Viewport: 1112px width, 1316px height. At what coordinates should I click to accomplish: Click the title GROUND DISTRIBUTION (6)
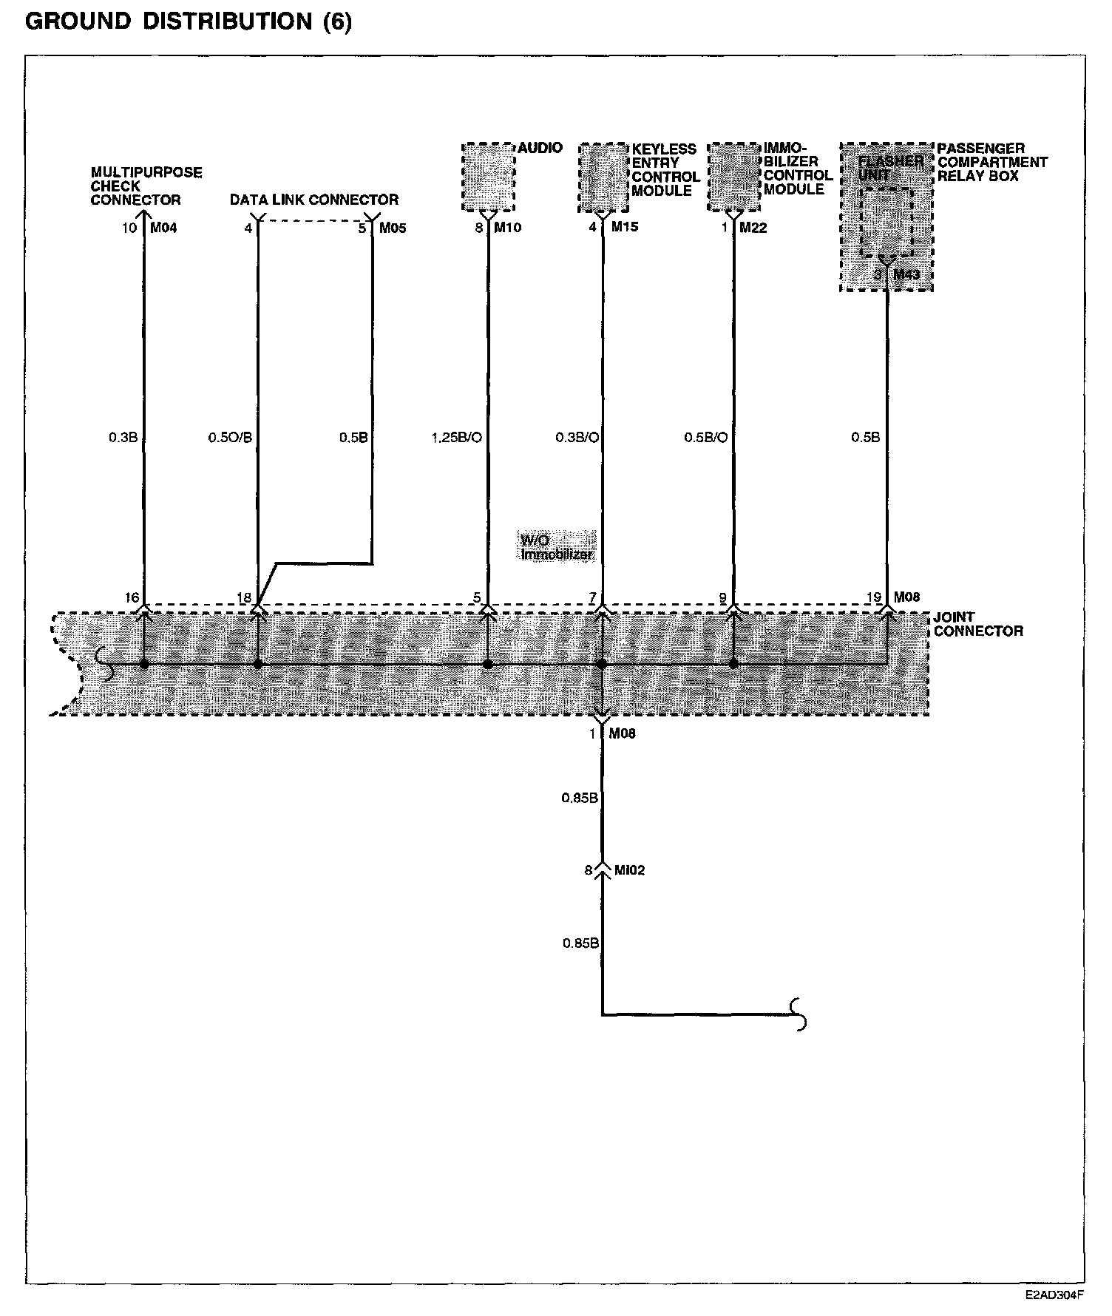pos(189,21)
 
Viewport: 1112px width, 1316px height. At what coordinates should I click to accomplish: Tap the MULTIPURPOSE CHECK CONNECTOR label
pos(146,186)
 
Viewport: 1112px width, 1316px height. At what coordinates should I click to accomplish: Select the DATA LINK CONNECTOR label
pos(313,200)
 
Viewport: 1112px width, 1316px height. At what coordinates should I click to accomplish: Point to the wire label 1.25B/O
pos(456,438)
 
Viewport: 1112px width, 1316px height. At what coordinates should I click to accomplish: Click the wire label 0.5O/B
pos(230,438)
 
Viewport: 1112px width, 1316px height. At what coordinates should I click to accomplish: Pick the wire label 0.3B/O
pos(577,438)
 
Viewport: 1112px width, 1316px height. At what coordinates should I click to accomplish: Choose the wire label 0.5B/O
pos(705,438)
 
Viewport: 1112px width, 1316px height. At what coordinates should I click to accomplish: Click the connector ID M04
pos(163,228)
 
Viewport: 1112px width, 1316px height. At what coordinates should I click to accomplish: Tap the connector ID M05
pos(393,228)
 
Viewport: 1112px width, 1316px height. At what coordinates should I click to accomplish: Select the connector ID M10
pos(507,228)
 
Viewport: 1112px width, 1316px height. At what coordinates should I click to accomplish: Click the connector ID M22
pos(753,228)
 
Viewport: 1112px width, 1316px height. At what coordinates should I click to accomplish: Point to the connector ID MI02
pos(628,870)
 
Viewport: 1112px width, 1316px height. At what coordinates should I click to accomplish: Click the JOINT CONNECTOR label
pos(977,624)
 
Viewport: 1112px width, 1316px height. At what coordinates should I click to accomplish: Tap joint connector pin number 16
pos(132,597)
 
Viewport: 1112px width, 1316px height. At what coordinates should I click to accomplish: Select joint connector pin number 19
pos(873,597)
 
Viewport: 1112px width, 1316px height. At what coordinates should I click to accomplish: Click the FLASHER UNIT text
pos(889,167)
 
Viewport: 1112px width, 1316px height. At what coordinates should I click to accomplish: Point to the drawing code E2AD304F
pos(1054,1295)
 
